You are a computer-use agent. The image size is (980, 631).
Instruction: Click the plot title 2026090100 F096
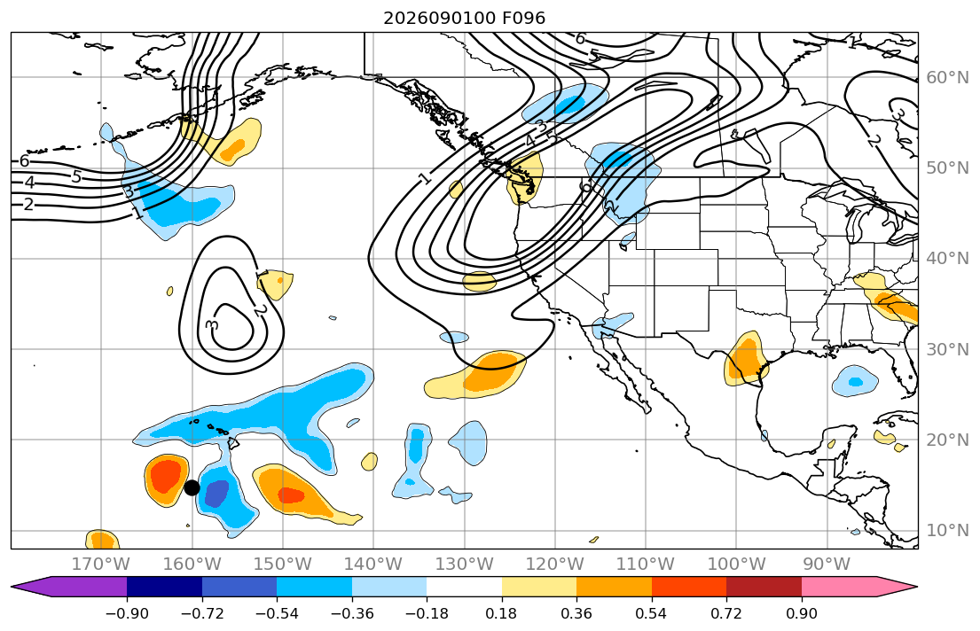point(464,18)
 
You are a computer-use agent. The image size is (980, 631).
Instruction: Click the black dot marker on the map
point(192,488)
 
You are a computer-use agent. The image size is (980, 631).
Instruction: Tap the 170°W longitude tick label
point(100,565)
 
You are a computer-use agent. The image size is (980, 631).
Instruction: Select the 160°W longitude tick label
point(192,565)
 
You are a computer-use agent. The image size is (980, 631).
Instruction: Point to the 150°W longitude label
point(283,565)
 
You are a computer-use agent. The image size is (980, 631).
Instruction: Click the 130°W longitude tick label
point(465,565)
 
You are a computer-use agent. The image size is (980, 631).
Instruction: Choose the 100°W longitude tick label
point(736,565)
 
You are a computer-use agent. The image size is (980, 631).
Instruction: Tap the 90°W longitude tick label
point(827,565)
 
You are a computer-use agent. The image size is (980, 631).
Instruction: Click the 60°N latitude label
point(947,77)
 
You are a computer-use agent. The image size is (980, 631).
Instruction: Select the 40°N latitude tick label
point(947,258)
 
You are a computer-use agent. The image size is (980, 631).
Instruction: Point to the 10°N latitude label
point(947,531)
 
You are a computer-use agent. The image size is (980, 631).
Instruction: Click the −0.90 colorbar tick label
point(127,613)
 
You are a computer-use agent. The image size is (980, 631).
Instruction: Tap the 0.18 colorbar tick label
point(501,613)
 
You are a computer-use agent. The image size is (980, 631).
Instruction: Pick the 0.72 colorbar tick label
point(726,613)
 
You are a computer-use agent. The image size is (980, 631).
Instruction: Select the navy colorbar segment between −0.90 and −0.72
point(164,587)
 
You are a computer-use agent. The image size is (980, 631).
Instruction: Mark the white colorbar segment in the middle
point(465,587)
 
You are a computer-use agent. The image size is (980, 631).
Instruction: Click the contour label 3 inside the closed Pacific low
point(212,324)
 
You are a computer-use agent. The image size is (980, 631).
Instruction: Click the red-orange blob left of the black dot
point(167,475)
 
